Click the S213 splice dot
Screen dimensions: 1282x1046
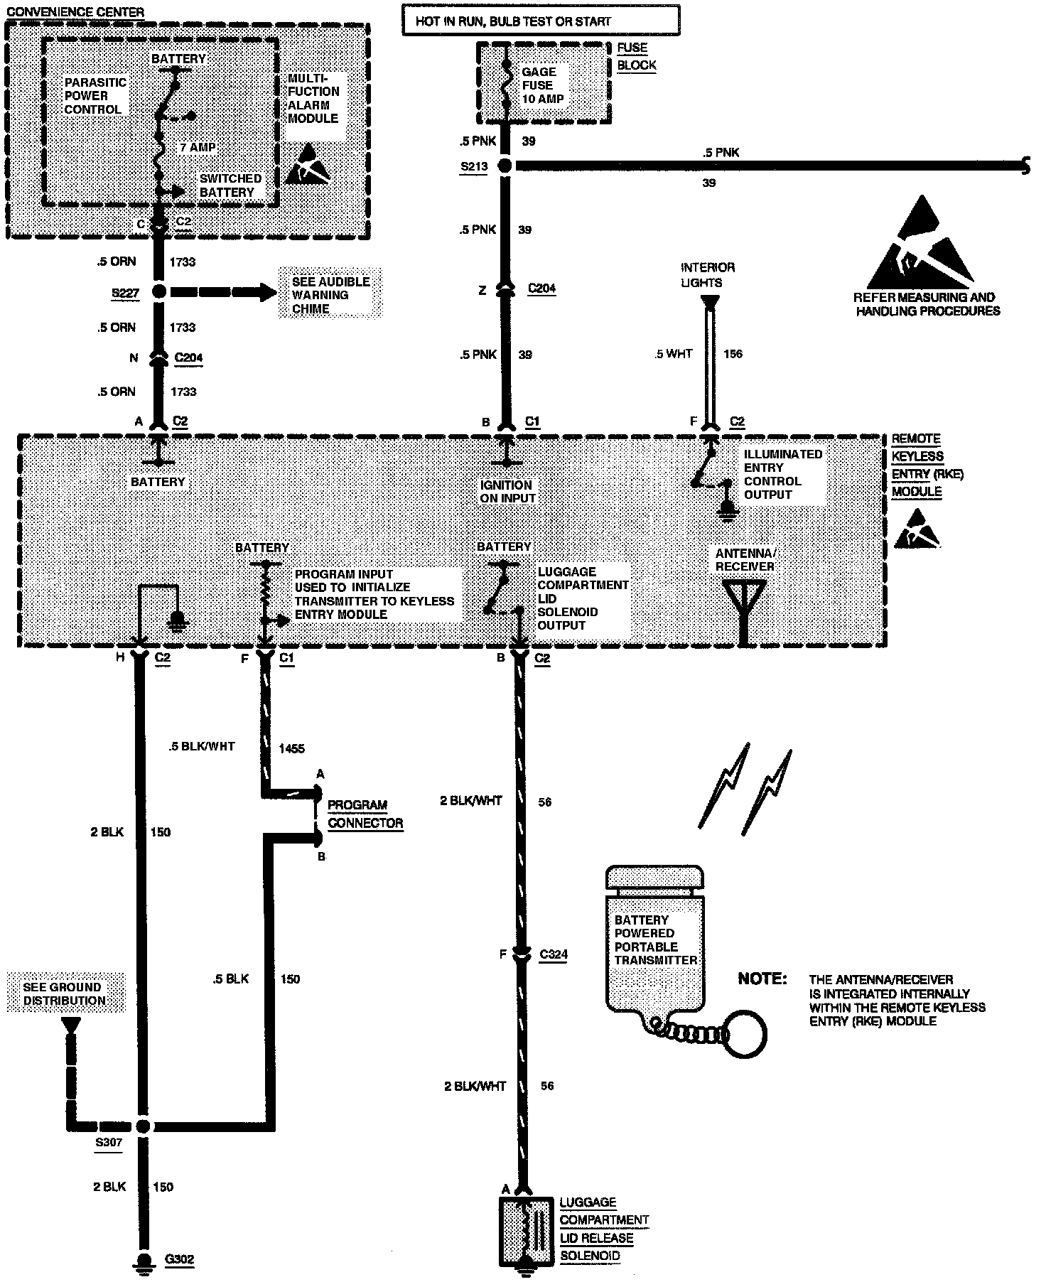coord(505,166)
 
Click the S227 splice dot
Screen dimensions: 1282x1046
coord(158,291)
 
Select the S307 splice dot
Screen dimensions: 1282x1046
coord(144,1126)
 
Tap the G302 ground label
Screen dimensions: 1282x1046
coord(179,1259)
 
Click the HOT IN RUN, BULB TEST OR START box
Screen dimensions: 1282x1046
coord(540,21)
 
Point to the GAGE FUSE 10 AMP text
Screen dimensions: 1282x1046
coord(543,85)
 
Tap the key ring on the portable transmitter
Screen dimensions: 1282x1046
coord(746,1033)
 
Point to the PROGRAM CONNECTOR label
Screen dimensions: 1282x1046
coord(365,814)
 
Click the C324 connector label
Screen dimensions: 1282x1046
coord(554,954)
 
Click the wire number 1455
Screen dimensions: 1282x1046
coord(291,748)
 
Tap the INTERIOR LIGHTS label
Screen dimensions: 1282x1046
coord(708,275)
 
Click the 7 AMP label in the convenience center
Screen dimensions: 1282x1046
coord(197,147)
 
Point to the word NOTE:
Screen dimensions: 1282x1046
coord(762,979)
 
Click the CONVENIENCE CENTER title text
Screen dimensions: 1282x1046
coord(75,12)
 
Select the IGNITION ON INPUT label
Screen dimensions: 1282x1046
coord(507,492)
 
